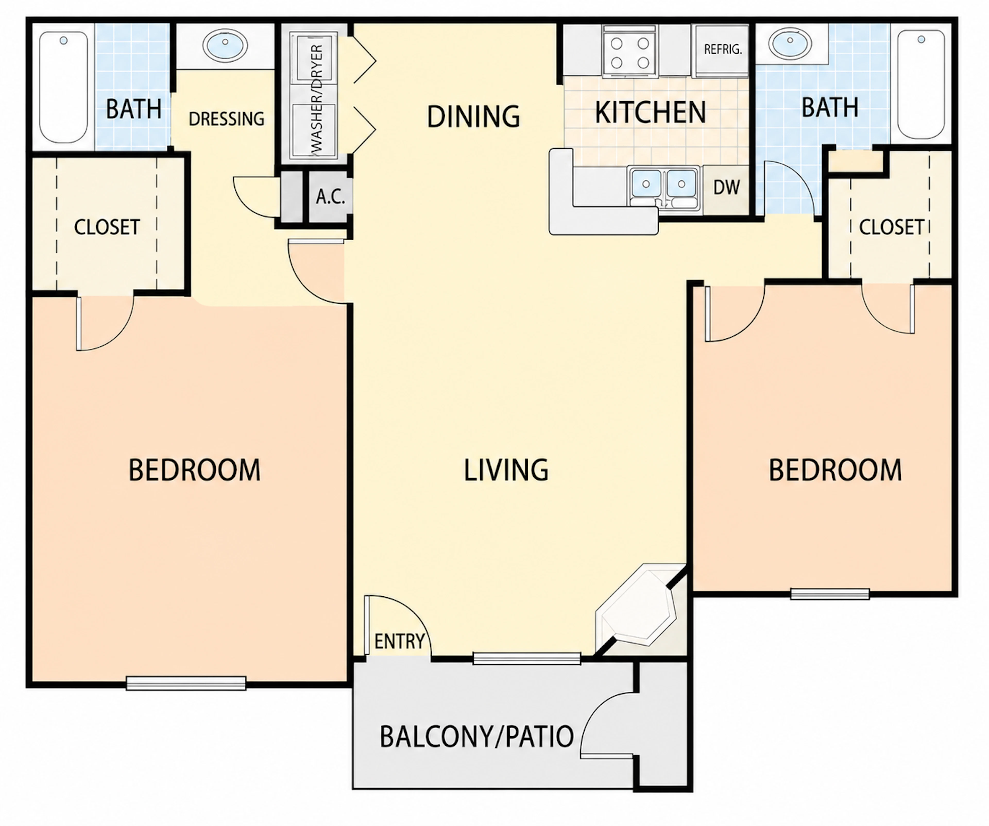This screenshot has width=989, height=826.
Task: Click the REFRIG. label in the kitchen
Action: coord(723,49)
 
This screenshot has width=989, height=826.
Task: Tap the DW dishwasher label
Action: coord(727,188)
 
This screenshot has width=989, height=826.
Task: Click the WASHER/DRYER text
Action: coord(317,99)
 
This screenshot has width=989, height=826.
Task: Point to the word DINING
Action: coord(473,116)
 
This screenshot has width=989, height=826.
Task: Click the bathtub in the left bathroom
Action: coord(63,87)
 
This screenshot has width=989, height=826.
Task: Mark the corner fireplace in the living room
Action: coord(636,608)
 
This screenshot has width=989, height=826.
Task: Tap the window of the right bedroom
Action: coord(830,594)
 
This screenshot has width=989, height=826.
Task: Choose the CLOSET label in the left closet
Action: coord(107,227)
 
